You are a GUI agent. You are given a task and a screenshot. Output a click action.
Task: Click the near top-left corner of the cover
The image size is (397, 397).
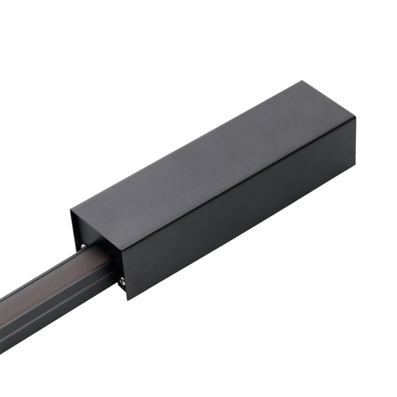coord(71,208)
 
